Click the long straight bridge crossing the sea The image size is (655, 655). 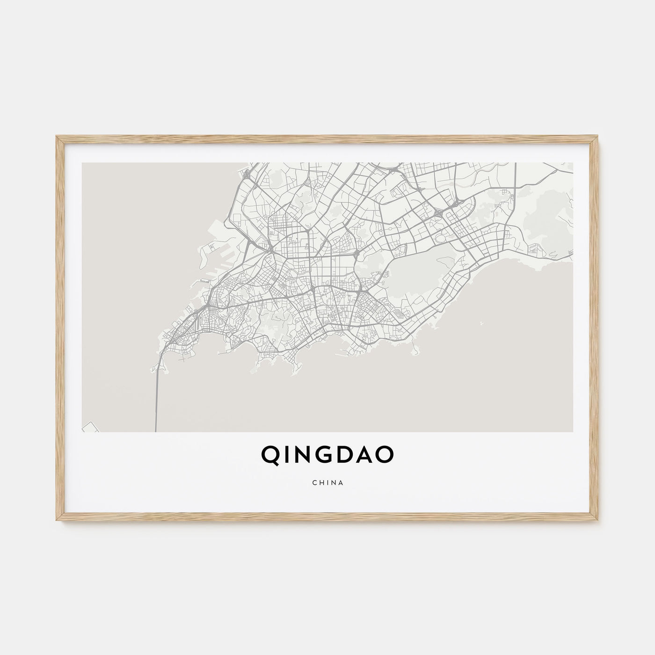(156, 398)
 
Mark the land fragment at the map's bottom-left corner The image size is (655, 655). (89, 427)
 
